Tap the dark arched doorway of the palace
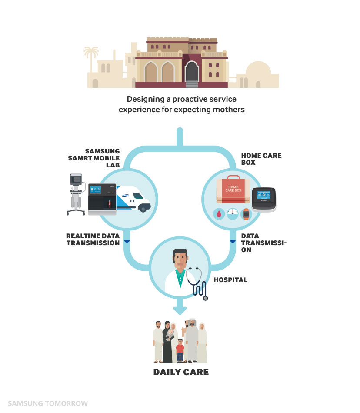pos(192,71)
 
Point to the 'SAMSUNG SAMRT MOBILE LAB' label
pos(94,158)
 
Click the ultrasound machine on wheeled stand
pos(77,194)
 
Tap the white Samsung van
pos(133,199)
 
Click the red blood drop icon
pos(219,214)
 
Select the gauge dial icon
pos(233,213)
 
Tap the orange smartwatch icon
pos(246,214)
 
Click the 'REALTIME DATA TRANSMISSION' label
pos(93,240)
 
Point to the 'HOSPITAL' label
pos(230,280)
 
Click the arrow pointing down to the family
pos(180,306)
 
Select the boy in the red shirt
pos(180,350)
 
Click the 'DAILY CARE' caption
pos(181,372)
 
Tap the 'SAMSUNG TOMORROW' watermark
pos(48,403)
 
